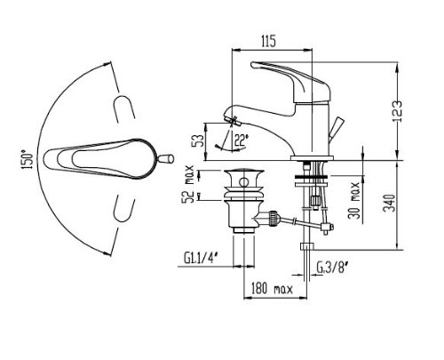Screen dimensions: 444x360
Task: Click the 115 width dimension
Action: [268, 41]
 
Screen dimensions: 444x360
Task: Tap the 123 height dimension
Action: [397, 111]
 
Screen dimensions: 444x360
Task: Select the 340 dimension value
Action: [390, 203]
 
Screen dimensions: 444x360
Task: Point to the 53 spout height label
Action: [198, 140]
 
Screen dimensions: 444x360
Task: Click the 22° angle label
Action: [242, 140]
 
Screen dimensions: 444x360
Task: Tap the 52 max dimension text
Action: [188, 184]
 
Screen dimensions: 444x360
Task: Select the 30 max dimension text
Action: [354, 200]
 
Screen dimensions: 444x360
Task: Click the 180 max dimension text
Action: [272, 288]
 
